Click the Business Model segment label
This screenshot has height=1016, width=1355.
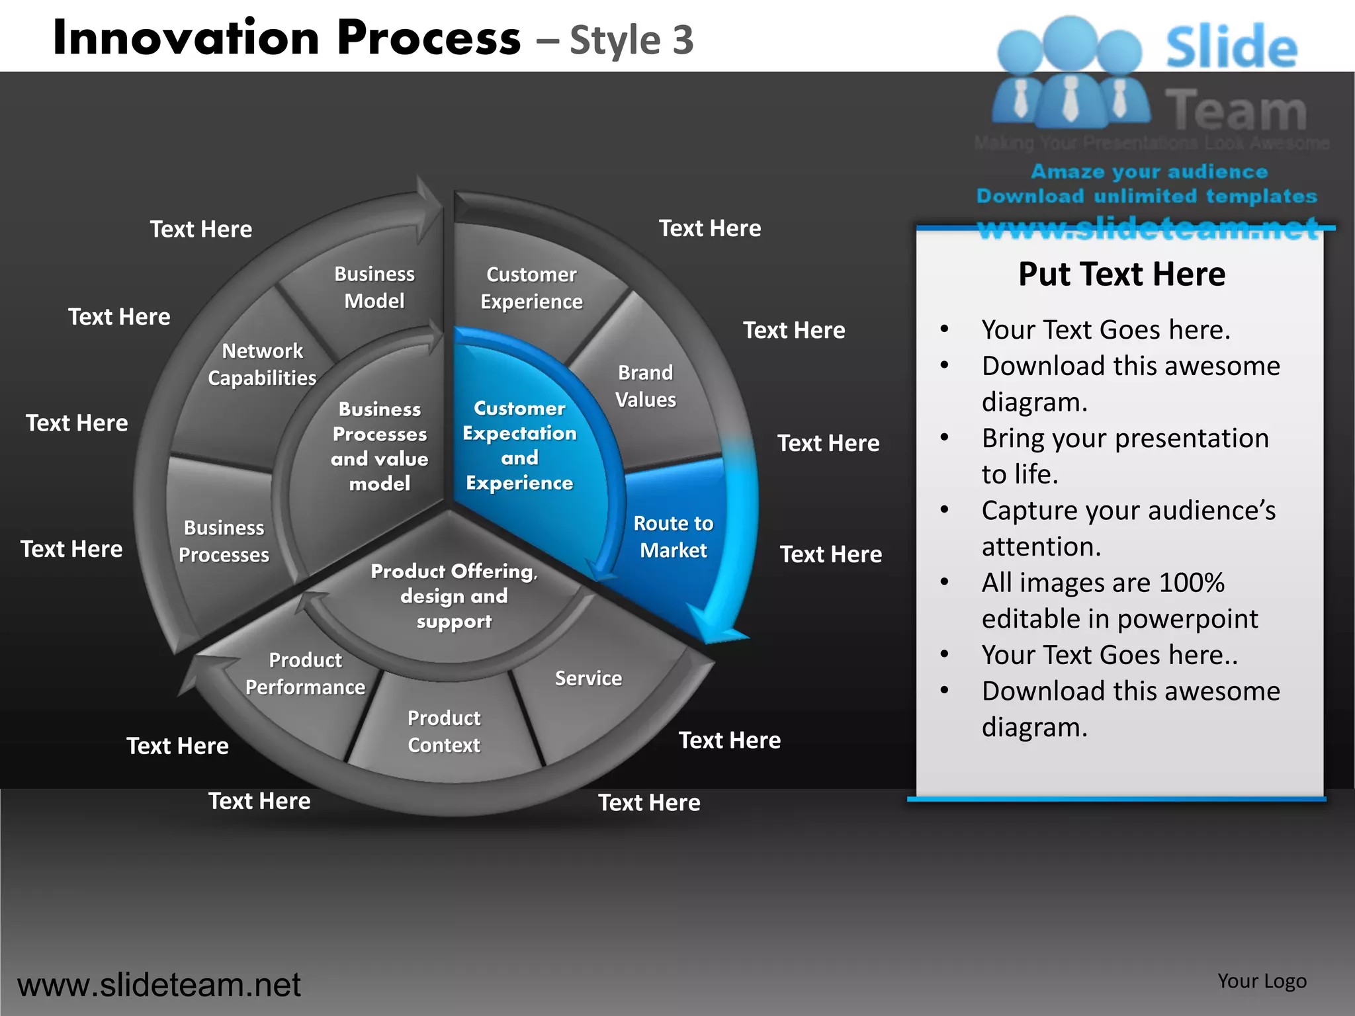click(x=374, y=287)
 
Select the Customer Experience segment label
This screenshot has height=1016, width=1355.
click(x=531, y=288)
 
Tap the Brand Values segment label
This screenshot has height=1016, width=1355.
click(x=645, y=386)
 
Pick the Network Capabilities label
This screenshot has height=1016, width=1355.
click(x=262, y=364)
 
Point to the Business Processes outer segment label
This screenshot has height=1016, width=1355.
click(x=224, y=540)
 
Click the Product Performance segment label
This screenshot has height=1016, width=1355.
click(x=305, y=673)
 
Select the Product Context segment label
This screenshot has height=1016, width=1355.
click(x=444, y=731)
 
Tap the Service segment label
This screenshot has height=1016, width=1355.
click(x=588, y=678)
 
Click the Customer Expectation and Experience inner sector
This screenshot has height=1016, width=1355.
click(x=519, y=445)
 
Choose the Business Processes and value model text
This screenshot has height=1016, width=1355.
click(x=380, y=446)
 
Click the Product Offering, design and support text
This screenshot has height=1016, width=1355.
click(x=454, y=595)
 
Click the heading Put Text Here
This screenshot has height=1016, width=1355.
click(x=1121, y=274)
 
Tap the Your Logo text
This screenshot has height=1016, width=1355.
click(x=1262, y=981)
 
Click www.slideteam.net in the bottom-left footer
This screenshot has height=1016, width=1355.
click(x=159, y=985)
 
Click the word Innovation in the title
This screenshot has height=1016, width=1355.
click(x=187, y=38)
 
